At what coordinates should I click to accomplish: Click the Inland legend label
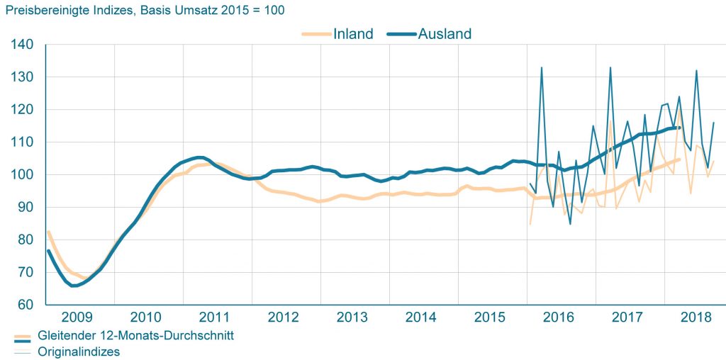coord(353,33)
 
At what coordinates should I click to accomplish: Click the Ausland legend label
coord(445,33)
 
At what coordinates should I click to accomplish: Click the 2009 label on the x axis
coord(78,316)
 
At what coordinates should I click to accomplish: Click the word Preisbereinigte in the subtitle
coord(40,11)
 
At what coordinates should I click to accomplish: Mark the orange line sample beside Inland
coord(315,33)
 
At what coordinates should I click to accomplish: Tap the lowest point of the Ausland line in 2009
coord(73,286)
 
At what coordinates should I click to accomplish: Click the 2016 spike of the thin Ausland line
coord(542,68)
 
